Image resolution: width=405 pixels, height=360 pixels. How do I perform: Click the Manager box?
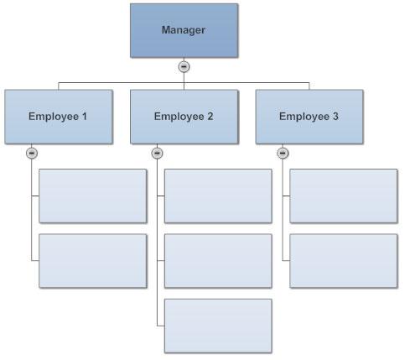(x=184, y=30)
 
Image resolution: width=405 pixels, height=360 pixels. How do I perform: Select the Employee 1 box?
(x=59, y=117)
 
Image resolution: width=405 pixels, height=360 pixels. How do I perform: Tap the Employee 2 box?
(x=184, y=117)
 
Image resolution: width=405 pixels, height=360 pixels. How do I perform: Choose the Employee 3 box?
(x=309, y=117)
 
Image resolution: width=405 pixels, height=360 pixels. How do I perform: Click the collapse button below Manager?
(x=184, y=67)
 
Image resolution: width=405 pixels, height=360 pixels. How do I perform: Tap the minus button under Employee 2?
(x=157, y=154)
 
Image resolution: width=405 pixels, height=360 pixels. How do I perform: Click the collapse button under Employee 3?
(x=283, y=154)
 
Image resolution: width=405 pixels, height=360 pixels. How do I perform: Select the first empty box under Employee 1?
(x=93, y=196)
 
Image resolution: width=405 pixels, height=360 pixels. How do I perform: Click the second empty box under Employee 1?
(x=93, y=261)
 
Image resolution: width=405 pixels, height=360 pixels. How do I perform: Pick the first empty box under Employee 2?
(x=218, y=196)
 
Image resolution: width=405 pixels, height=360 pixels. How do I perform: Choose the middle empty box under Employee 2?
(x=218, y=261)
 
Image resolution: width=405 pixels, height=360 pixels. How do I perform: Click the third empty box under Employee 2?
(x=218, y=326)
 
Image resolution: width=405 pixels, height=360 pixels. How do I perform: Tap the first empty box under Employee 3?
(x=344, y=196)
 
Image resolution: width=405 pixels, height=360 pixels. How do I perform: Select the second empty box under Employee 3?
(x=344, y=261)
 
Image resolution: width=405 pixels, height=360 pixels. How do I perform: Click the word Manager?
(x=184, y=30)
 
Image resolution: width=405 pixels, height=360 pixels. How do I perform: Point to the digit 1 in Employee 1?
(x=85, y=116)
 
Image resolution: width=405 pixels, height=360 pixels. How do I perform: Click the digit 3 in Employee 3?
(x=335, y=116)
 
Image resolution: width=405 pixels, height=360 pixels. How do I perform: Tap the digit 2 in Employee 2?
(x=210, y=116)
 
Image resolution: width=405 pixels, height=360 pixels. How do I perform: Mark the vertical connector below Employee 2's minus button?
(x=157, y=243)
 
